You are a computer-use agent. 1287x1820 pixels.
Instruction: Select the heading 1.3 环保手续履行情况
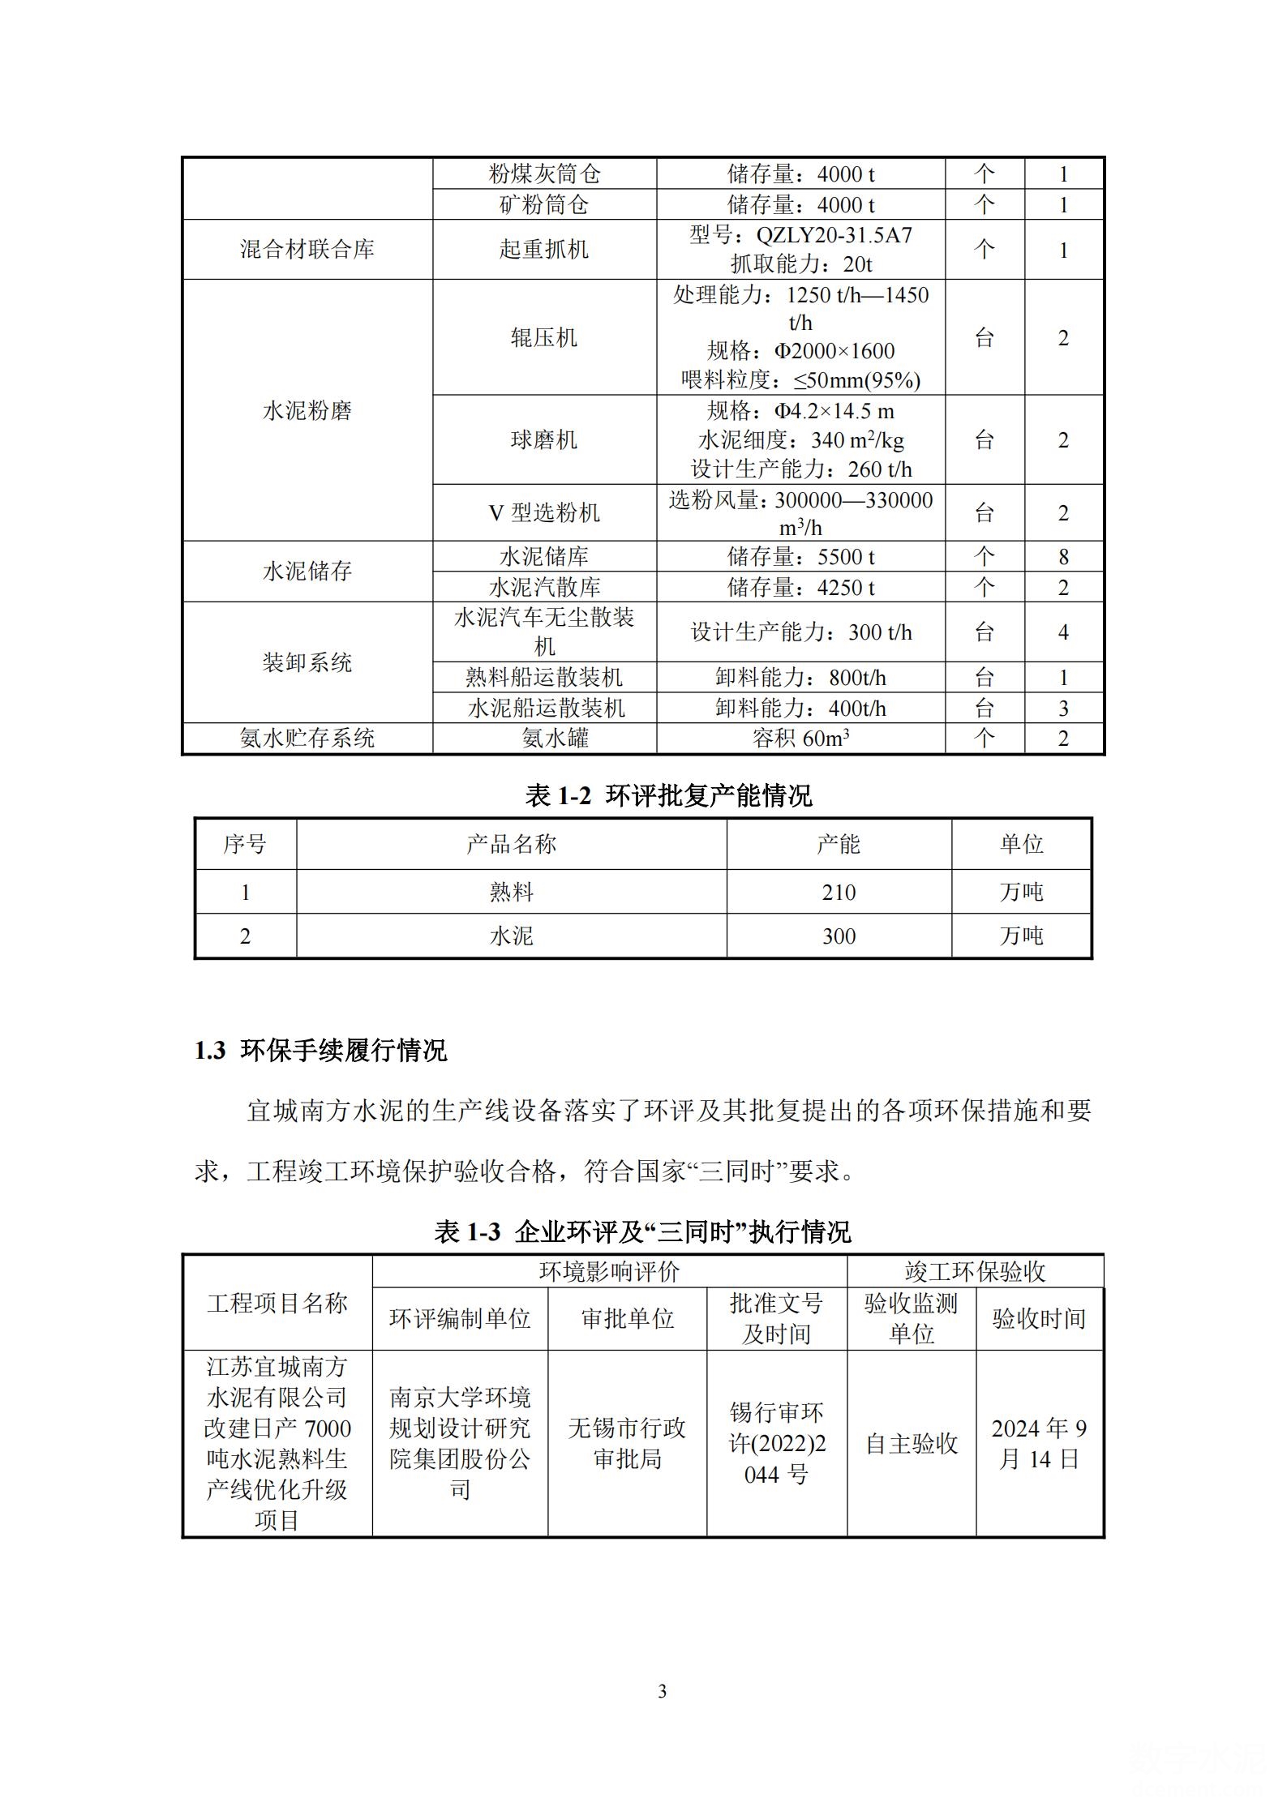pos(320,1051)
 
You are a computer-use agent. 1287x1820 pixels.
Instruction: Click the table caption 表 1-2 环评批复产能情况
pos(668,796)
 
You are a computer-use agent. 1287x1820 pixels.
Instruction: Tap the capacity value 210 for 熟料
pos(838,892)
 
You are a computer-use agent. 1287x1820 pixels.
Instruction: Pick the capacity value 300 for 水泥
pos(838,936)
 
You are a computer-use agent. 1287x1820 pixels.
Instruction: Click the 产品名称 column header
pos(511,844)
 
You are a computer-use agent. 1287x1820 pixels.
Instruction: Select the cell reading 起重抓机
pos(543,249)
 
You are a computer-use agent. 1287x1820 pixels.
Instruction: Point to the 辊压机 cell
pos(543,337)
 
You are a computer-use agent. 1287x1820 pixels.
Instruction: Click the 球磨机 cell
pos(543,439)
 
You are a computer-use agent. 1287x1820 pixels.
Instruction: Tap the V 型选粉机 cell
pos(543,512)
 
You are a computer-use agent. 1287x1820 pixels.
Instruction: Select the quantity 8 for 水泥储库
pos(1063,556)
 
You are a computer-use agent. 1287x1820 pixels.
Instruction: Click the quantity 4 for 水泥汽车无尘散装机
pos(1063,632)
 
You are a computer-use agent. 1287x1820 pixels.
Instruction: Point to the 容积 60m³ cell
pos(800,738)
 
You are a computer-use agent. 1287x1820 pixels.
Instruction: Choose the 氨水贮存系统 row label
pos(307,738)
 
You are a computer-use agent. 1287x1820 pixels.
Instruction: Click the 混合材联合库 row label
pos(307,249)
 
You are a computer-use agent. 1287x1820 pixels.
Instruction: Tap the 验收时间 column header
pos(1039,1318)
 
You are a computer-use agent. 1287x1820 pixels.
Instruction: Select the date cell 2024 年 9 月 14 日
pos(1039,1443)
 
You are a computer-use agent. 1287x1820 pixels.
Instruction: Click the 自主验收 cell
pos(912,1443)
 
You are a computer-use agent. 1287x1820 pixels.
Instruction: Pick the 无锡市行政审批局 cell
pos(627,1443)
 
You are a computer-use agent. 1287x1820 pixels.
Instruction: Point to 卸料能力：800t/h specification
pos(800,677)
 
